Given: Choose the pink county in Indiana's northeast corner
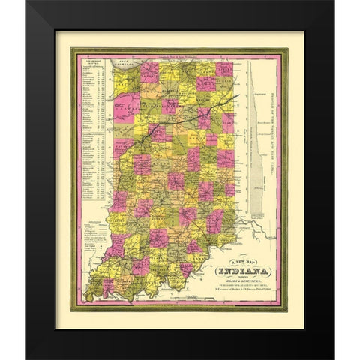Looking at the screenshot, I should [x=222, y=70].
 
